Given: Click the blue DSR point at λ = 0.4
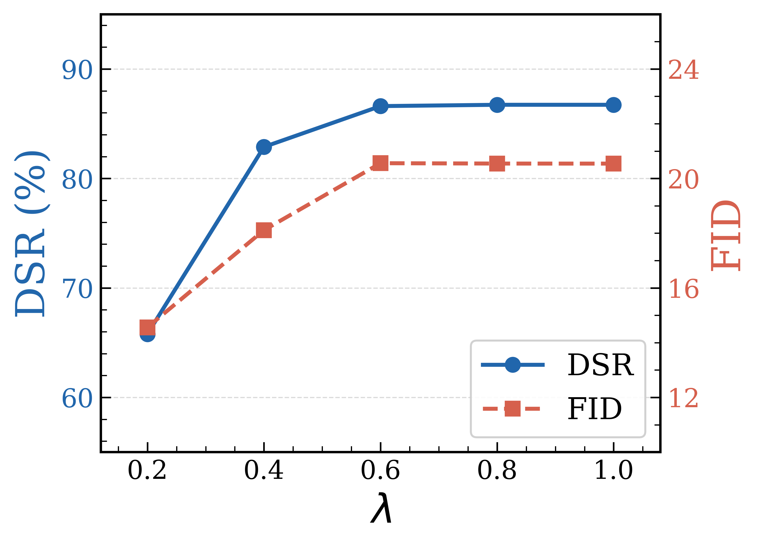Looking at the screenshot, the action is point(264,147).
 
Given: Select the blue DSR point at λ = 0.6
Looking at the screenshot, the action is point(380,106).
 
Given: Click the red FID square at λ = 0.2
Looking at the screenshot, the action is point(147,328).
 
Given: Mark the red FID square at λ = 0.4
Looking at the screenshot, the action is point(264,230).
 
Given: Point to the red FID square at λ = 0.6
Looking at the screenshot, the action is point(380,163).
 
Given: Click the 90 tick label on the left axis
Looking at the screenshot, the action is point(77,70).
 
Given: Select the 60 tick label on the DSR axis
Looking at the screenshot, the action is point(77,398).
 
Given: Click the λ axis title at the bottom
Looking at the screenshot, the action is point(381,508).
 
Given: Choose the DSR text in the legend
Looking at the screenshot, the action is point(600,365).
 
